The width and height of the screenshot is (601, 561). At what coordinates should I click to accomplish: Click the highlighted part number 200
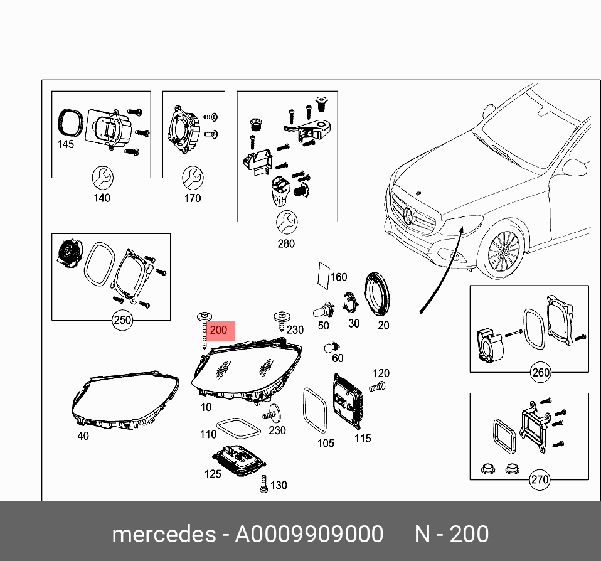pyautogui.click(x=219, y=331)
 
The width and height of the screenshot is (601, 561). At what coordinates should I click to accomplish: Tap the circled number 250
pyautogui.click(x=122, y=320)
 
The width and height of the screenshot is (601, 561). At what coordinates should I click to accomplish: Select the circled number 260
pyautogui.click(x=540, y=372)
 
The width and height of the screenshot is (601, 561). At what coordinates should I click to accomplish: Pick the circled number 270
pyautogui.click(x=540, y=480)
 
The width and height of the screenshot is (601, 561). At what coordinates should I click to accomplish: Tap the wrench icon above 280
pyautogui.click(x=286, y=222)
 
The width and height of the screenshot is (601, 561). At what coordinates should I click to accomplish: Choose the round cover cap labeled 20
pyautogui.click(x=379, y=296)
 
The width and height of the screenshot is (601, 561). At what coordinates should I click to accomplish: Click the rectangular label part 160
pyautogui.click(x=322, y=275)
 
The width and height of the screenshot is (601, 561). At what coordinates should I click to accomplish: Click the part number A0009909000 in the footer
pyautogui.click(x=309, y=534)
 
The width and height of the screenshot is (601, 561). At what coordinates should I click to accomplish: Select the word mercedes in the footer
pyautogui.click(x=163, y=534)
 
